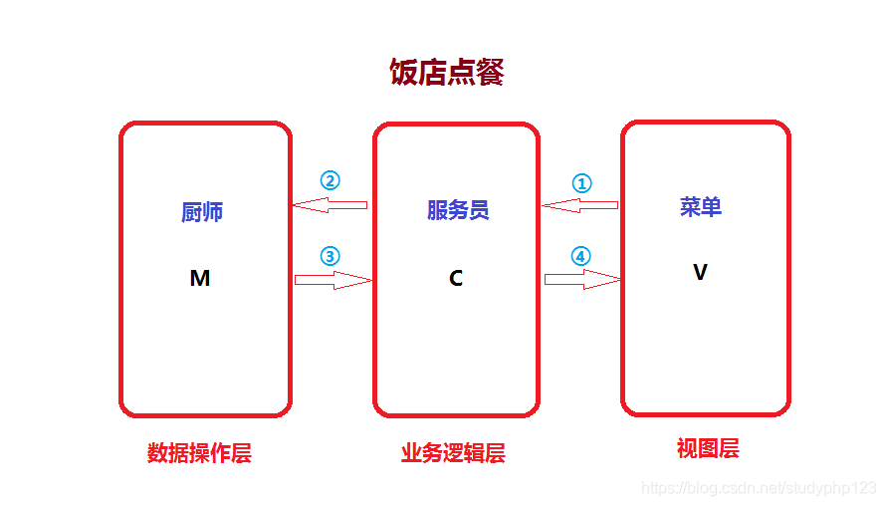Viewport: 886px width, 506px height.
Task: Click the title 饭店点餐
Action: pyautogui.click(x=447, y=73)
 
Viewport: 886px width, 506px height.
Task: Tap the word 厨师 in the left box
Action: pyautogui.click(x=202, y=212)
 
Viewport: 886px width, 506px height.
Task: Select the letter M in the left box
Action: pyautogui.click(x=200, y=279)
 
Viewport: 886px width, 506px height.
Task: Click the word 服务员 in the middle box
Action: pyautogui.click(x=458, y=210)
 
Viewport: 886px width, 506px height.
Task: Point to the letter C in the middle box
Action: pyautogui.click(x=456, y=279)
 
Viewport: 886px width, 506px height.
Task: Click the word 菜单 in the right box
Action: pyautogui.click(x=701, y=207)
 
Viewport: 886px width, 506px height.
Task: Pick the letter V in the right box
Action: pyautogui.click(x=700, y=272)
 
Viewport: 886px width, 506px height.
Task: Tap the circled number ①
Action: pyautogui.click(x=581, y=183)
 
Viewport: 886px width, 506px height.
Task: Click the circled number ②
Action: pyautogui.click(x=330, y=181)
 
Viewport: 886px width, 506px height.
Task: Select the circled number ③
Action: pyautogui.click(x=330, y=256)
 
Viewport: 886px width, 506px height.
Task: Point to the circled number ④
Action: pyautogui.click(x=581, y=256)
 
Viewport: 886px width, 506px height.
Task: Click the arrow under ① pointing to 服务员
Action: pyautogui.click(x=580, y=205)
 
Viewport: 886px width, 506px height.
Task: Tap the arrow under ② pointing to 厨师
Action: pyautogui.click(x=330, y=205)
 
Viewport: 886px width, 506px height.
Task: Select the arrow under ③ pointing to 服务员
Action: pyautogui.click(x=332, y=280)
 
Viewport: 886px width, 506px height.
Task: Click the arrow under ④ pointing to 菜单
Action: pyautogui.click(x=582, y=280)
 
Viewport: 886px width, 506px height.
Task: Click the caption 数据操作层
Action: pyautogui.click(x=199, y=454)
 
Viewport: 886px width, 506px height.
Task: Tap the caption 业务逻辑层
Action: pyautogui.click(x=453, y=454)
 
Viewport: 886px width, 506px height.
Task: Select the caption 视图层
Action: pyautogui.click(x=708, y=449)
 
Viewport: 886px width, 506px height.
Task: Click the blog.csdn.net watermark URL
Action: pyautogui.click(x=759, y=488)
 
